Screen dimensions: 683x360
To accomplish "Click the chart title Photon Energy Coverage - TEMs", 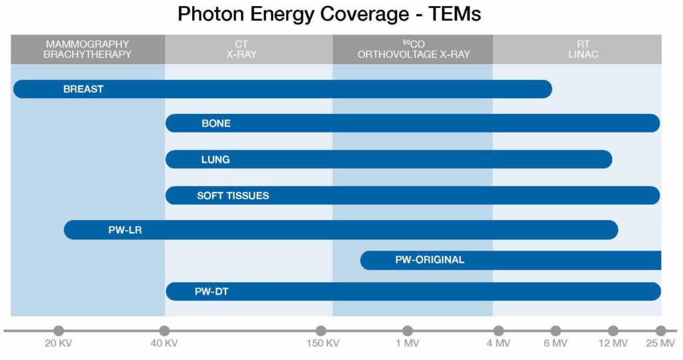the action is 329,14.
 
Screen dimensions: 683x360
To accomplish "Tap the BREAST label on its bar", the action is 83,89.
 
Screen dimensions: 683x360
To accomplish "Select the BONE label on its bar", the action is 216,123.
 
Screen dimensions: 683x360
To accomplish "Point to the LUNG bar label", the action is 215,160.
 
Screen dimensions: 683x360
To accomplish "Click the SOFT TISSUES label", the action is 233,196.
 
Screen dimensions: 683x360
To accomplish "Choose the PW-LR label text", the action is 125,230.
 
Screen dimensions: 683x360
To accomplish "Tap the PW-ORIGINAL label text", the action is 430,260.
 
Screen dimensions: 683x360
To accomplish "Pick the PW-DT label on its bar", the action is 211,291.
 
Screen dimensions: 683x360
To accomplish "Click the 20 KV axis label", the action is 59,343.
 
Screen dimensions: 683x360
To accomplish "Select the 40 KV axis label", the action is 164,343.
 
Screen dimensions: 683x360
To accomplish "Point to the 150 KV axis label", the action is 323,343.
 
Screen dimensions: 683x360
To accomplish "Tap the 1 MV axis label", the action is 408,343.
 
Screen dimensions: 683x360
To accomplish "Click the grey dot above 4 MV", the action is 499,331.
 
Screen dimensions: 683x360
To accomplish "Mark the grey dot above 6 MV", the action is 556,331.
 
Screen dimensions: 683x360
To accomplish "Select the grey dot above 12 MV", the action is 613,331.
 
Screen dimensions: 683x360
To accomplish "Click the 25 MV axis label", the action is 661,343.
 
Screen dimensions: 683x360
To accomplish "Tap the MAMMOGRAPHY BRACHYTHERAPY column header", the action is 87,49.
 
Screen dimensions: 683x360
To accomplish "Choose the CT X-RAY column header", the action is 241,49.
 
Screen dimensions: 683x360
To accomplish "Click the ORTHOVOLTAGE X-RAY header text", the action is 414,55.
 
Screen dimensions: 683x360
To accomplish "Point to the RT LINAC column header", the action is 583,49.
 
